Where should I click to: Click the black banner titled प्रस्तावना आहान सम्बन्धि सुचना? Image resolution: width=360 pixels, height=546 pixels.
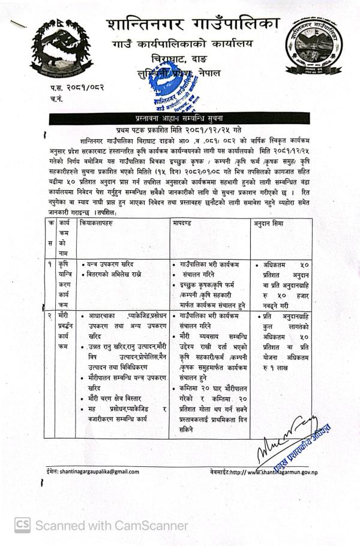tap(180, 119)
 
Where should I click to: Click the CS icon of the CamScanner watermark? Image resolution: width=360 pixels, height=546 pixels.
tap(22, 526)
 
